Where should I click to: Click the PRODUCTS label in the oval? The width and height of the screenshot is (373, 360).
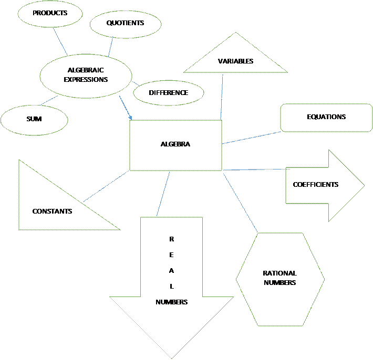[x=50, y=13]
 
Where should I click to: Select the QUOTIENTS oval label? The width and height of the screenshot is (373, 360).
[x=125, y=23]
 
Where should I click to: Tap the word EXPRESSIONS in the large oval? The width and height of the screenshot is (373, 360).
[x=86, y=79]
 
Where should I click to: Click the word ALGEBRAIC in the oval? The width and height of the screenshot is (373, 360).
[x=86, y=70]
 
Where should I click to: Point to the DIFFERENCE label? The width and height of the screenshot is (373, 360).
[x=169, y=93]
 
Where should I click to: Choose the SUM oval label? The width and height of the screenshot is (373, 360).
[x=34, y=119]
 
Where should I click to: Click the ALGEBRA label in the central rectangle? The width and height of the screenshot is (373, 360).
[x=175, y=144]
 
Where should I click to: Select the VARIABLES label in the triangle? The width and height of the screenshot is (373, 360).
[x=235, y=61]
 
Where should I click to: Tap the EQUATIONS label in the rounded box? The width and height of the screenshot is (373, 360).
[x=326, y=117]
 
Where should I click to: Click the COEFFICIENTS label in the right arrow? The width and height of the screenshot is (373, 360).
[x=315, y=185]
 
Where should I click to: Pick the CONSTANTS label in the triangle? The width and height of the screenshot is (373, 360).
[x=52, y=211]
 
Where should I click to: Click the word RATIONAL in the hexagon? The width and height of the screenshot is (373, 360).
[x=279, y=273]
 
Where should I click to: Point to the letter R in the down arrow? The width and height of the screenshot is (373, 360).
[x=171, y=239]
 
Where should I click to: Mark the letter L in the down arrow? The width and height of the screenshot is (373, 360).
[x=172, y=287]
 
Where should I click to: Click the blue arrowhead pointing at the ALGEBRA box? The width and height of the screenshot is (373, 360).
[x=130, y=118]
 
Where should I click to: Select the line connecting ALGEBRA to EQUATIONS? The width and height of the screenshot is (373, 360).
[x=251, y=137]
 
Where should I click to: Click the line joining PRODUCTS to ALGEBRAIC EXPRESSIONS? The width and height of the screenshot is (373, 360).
[x=60, y=41]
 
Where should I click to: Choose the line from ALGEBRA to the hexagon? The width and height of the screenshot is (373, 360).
[x=240, y=203]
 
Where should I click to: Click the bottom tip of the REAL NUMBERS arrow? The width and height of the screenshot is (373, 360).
[x=171, y=358]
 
